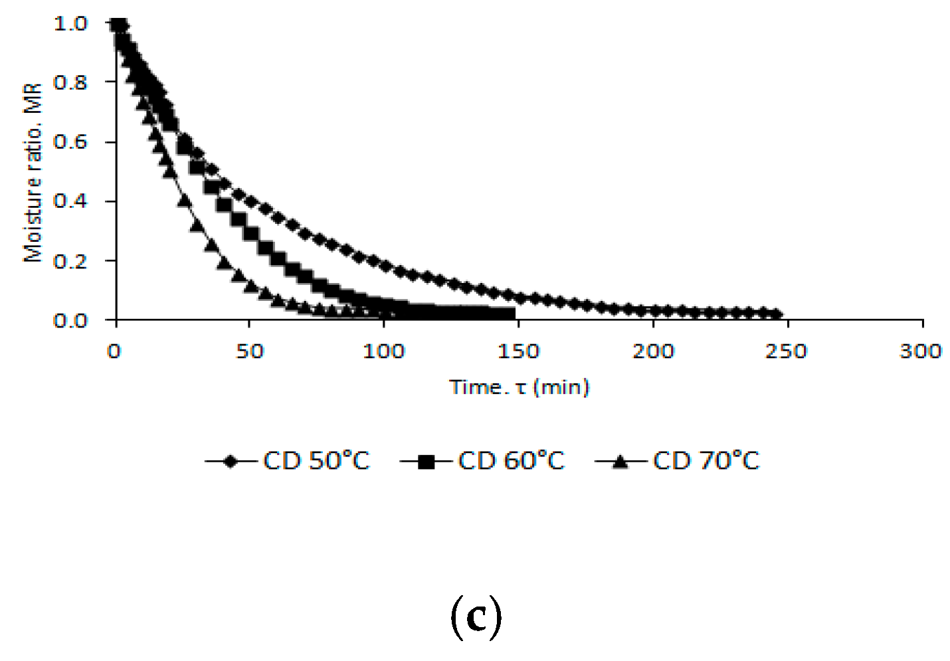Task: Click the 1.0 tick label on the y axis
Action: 70,23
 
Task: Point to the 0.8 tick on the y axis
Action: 70,82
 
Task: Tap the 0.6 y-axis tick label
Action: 70,142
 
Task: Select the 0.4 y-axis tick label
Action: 70,201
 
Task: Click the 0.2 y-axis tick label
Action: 70,261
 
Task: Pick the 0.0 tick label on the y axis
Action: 70,321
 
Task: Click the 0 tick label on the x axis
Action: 114,351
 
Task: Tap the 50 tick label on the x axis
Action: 250,351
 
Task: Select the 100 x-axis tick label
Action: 383,351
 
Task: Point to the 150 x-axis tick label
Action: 518,351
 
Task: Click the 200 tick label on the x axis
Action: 653,351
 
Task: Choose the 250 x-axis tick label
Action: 787,351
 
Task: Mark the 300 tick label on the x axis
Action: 921,351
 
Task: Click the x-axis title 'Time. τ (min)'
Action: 520,387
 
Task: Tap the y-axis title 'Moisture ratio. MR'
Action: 33,172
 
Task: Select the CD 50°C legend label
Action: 316,460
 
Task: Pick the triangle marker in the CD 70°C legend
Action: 620,461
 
